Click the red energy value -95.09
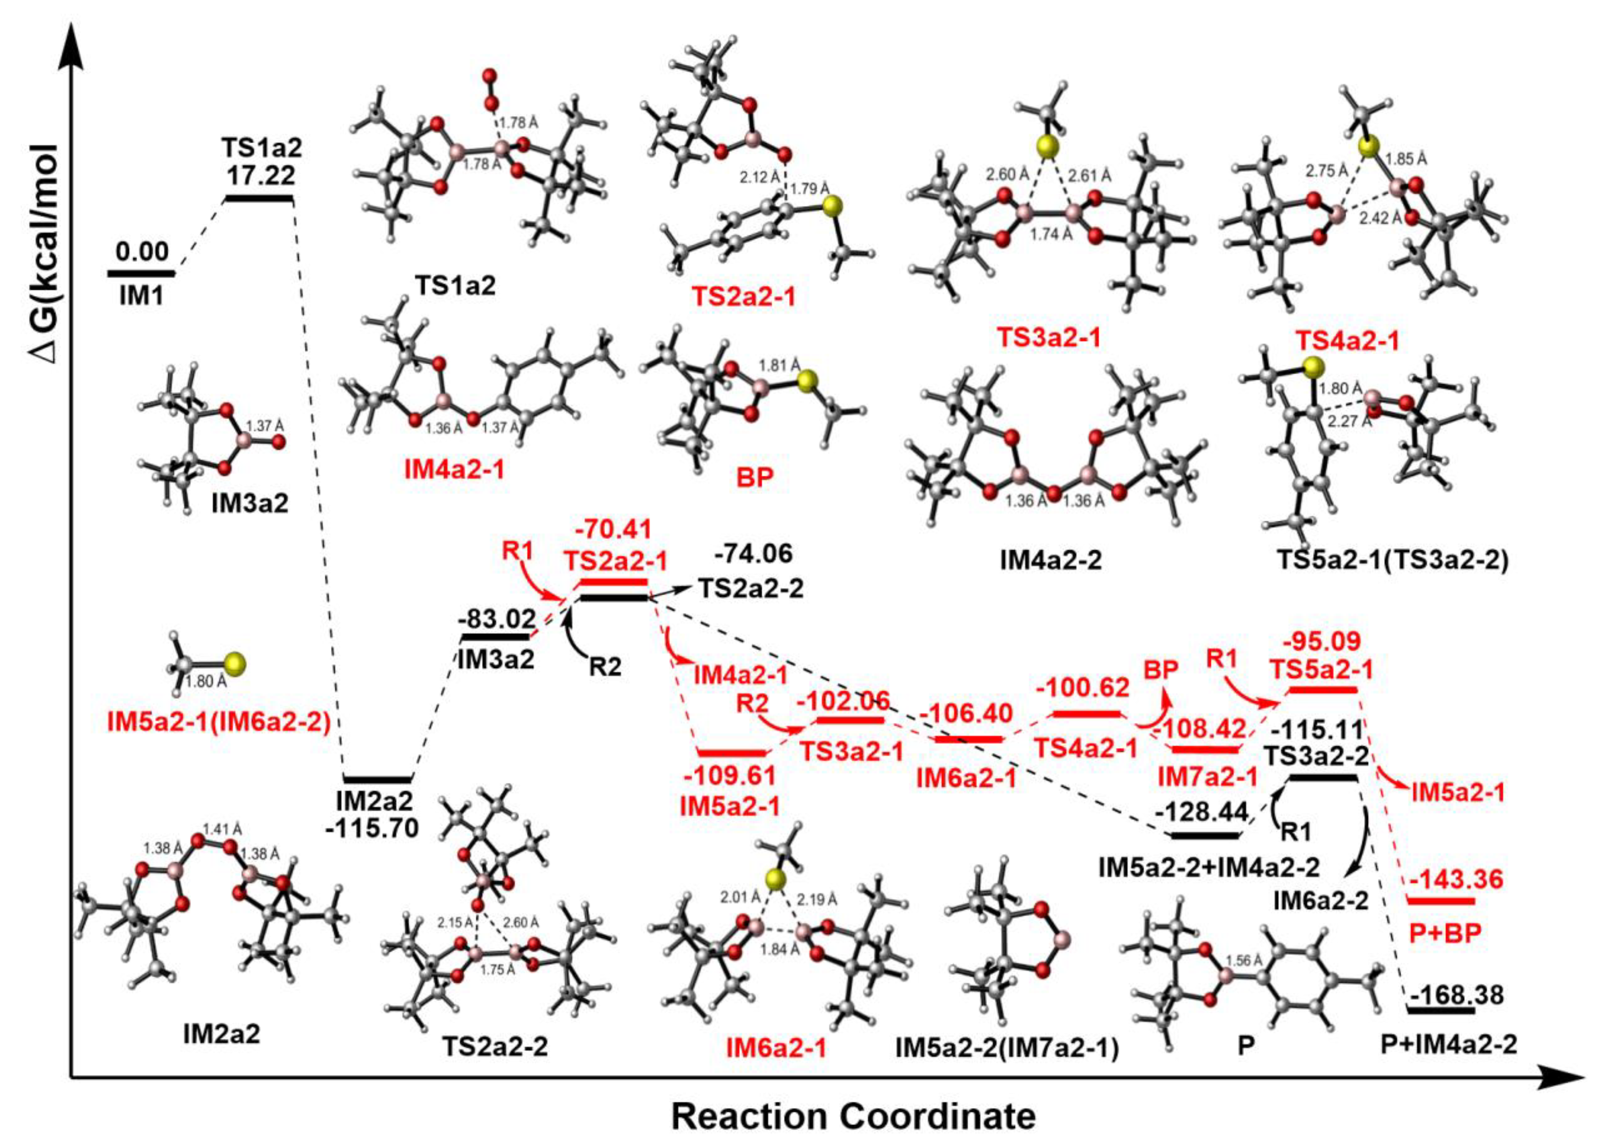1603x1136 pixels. [x=1321, y=641]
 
